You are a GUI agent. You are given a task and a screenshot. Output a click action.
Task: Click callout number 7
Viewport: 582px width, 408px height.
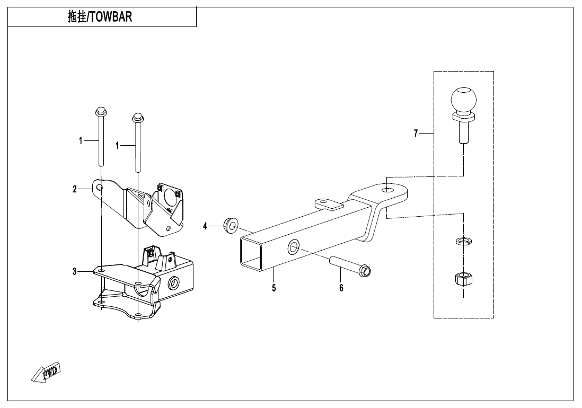(416, 133)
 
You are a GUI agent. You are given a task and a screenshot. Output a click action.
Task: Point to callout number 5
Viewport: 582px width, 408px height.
(274, 288)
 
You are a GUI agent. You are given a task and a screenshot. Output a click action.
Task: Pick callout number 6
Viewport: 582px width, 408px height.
(341, 288)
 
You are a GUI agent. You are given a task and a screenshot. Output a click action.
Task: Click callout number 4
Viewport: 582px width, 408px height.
(205, 226)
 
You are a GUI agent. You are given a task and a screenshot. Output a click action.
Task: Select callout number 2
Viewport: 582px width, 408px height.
(75, 189)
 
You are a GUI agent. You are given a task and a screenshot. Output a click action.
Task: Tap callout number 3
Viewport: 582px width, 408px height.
(75, 271)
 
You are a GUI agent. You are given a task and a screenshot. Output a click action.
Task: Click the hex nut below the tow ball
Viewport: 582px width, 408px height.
(463, 279)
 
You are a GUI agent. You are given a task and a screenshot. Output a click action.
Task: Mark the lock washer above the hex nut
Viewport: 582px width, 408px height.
(463, 242)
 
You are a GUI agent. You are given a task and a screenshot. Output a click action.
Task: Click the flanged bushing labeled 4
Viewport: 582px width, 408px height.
(230, 226)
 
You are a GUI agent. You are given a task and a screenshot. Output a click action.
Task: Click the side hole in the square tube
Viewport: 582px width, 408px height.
(294, 247)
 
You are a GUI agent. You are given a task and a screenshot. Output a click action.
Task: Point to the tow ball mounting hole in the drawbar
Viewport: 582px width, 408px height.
(387, 190)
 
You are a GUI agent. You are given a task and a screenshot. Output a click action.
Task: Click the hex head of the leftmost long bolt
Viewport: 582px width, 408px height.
(100, 111)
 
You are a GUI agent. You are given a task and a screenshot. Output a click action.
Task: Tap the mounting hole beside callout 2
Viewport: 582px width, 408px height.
(99, 188)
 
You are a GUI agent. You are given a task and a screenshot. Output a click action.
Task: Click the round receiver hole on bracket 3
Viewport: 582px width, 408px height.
(173, 285)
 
